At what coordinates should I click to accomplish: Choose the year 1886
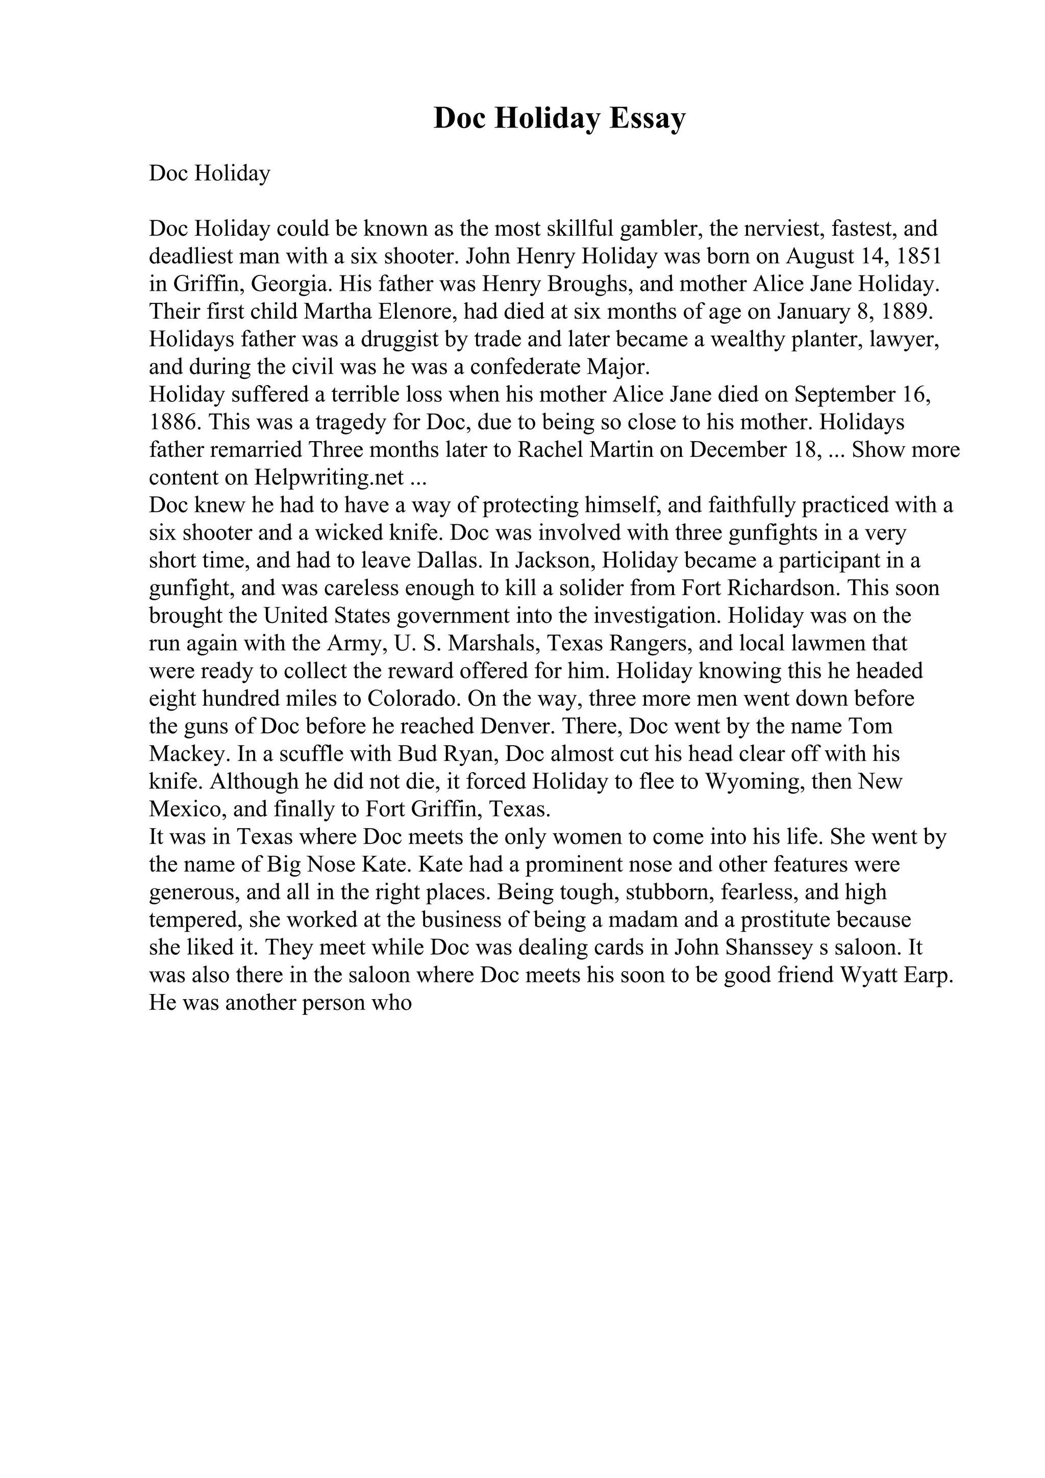point(172,422)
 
